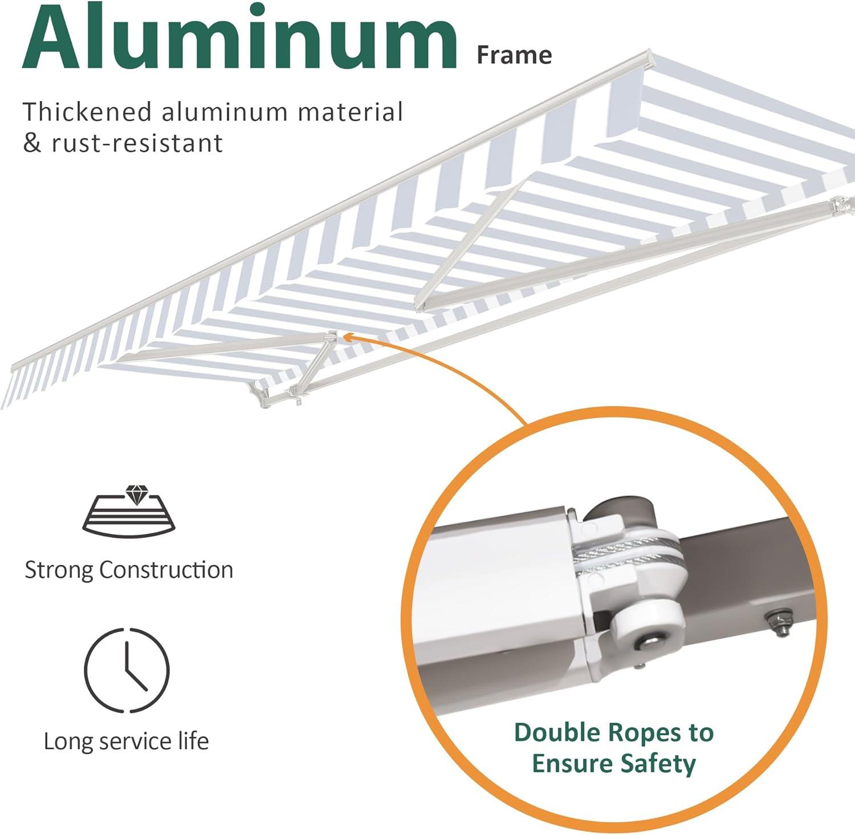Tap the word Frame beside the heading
[x=514, y=55]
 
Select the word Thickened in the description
[x=87, y=112]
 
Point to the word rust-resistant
[x=137, y=144]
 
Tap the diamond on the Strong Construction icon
[x=136, y=494]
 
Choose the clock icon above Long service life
[x=127, y=670]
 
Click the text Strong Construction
[x=129, y=570]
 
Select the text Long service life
[x=127, y=741]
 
